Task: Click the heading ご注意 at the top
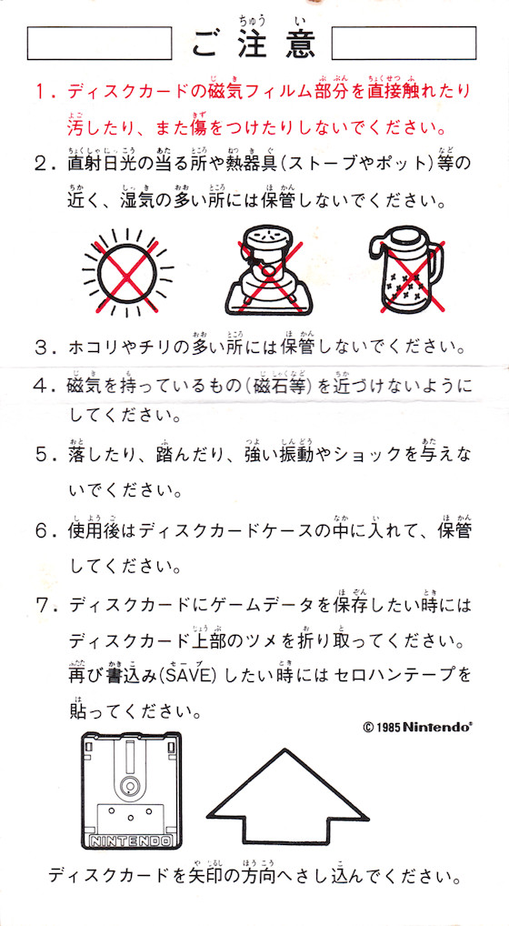coord(254,44)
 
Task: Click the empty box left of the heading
coord(100,43)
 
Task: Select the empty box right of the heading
coord(404,43)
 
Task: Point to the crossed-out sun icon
coord(128,271)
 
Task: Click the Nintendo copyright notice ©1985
coord(417,727)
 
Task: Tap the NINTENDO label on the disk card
coord(130,840)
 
